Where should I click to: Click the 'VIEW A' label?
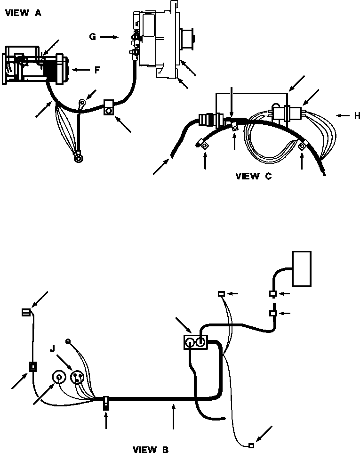23,14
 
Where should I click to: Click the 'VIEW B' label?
150,449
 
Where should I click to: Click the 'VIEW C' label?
254,177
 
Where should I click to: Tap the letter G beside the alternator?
93,36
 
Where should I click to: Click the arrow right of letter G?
110,36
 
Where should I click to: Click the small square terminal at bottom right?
252,445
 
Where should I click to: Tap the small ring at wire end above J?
68,341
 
